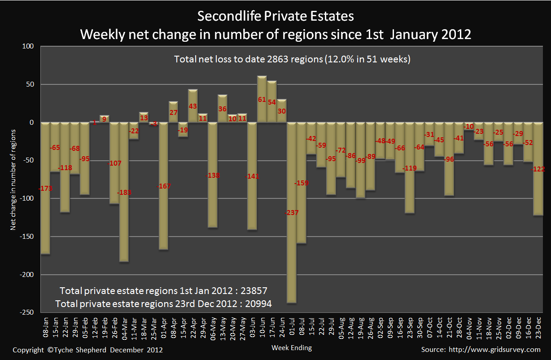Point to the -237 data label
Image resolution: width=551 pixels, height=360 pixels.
(292, 212)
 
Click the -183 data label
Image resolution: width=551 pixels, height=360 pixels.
(124, 193)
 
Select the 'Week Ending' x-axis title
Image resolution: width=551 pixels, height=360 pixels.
(292, 347)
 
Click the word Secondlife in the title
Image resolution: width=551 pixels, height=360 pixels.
(226, 17)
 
